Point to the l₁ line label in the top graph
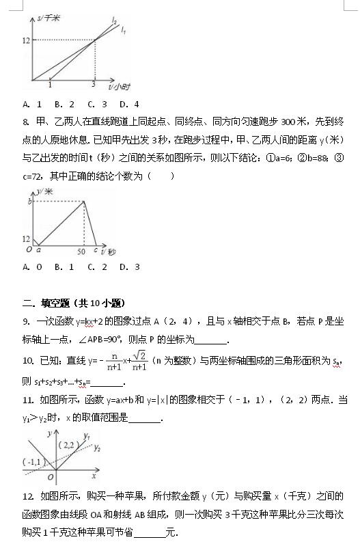pos(123,31)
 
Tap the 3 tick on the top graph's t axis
pos(94,84)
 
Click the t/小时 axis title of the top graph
pos(119,88)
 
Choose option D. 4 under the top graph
pos(129,105)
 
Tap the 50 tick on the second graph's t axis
pos(80,251)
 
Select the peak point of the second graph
pos(84,201)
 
